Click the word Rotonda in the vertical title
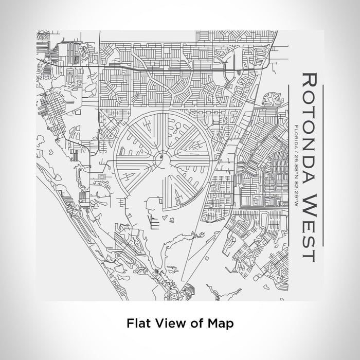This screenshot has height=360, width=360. [308, 131]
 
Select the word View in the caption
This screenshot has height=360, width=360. [166, 323]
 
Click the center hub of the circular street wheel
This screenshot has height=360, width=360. [161, 155]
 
